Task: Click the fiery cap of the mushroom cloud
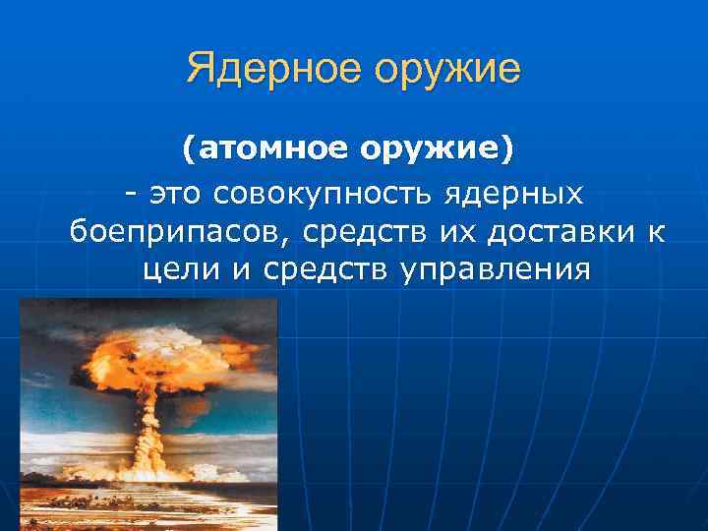(x=158, y=363)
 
